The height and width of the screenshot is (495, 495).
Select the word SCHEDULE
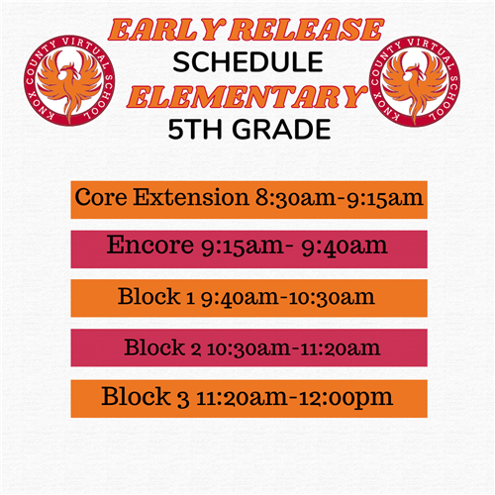(x=247, y=62)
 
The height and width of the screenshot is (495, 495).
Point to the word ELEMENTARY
(x=247, y=97)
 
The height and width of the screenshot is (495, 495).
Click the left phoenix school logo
(x=69, y=80)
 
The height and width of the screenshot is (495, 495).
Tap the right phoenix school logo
(x=415, y=81)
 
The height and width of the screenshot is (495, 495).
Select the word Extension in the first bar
(x=191, y=197)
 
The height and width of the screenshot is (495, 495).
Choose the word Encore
(x=150, y=245)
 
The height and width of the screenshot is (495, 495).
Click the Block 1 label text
(x=156, y=296)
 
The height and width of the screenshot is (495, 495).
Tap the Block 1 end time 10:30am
(x=332, y=297)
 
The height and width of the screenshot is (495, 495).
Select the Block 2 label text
(x=162, y=347)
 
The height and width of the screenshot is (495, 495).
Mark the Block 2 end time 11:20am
(x=337, y=348)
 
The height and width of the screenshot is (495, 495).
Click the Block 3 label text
(x=146, y=396)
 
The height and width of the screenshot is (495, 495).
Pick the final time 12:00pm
(x=346, y=398)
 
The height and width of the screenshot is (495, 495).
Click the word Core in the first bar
(x=101, y=197)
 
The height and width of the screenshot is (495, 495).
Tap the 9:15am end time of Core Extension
(x=385, y=198)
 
